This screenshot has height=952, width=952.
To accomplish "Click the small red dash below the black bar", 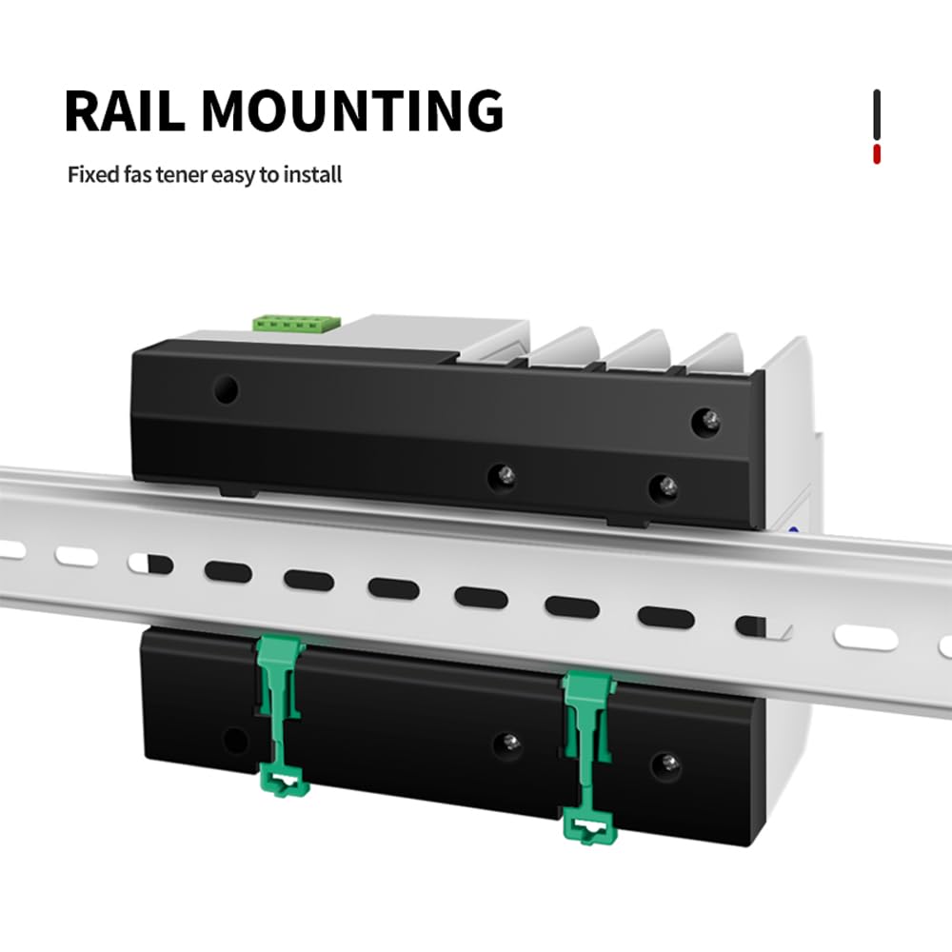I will (877, 153).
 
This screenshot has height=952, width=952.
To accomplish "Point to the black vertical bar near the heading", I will (877, 114).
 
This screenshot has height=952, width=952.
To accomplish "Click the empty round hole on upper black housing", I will (226, 388).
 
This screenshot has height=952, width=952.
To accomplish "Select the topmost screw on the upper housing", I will (705, 419).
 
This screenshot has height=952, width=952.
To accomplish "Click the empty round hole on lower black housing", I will (232, 740).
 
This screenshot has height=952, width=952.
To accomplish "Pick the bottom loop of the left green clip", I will (284, 783).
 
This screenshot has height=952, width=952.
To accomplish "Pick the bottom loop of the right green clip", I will (588, 826).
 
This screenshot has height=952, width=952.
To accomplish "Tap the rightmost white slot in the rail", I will (945, 647).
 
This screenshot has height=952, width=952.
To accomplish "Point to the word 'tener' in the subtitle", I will (184, 175).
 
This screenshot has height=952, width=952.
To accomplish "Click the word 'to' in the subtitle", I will (269, 175).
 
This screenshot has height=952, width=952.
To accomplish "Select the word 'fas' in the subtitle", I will (139, 175).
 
